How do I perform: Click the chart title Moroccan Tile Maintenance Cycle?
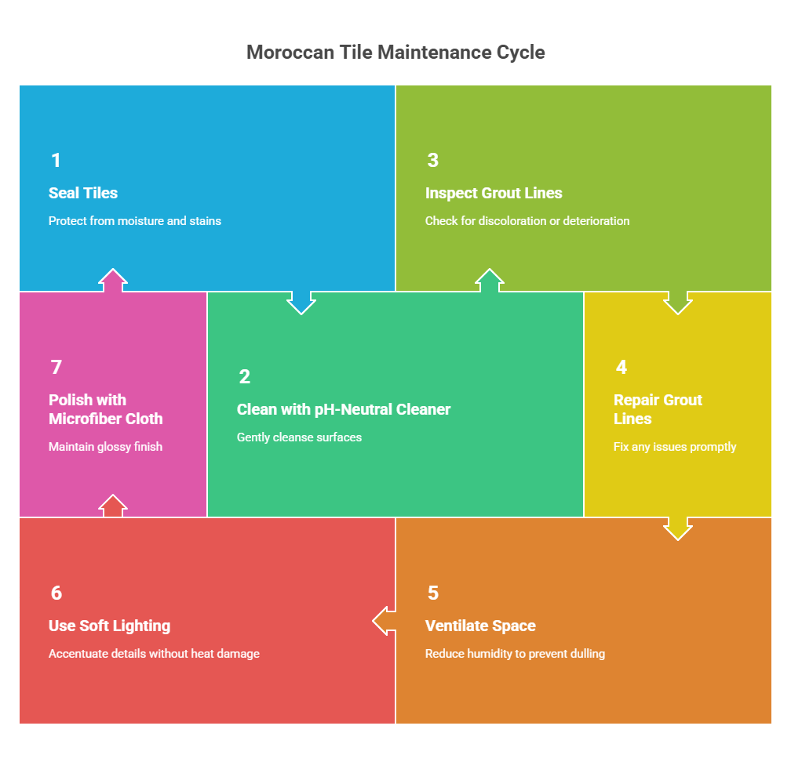(395, 53)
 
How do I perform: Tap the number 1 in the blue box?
(56, 161)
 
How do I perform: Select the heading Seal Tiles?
(83, 193)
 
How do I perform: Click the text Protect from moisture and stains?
(135, 221)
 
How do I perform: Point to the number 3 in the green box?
(432, 161)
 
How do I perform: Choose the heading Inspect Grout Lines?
(494, 193)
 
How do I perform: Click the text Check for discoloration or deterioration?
(527, 221)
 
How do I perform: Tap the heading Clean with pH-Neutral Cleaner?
(344, 409)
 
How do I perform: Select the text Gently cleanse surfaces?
(299, 437)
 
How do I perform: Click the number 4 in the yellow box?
(621, 368)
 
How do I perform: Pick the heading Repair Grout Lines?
(658, 409)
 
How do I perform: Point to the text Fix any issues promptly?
(675, 447)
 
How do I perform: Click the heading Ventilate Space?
(480, 626)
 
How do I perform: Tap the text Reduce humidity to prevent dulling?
(515, 654)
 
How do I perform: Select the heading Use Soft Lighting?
(109, 626)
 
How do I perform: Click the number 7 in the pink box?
(56, 368)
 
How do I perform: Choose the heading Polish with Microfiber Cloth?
(106, 409)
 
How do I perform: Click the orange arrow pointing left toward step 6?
(384, 621)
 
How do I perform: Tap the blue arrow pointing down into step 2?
(301, 302)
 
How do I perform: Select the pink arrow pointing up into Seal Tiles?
(113, 281)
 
